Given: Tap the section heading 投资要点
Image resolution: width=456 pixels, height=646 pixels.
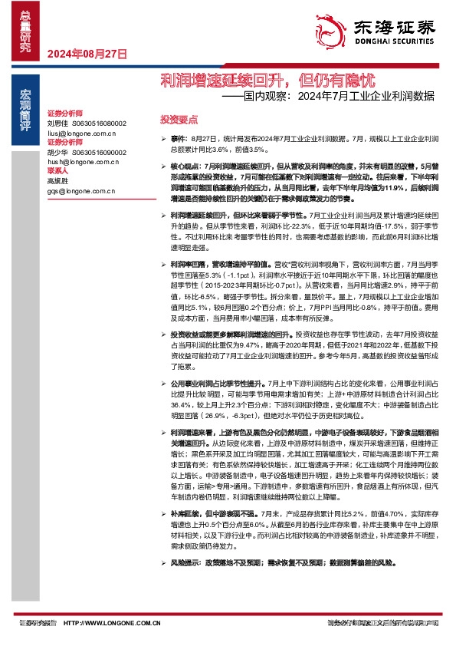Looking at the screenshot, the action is click(x=179, y=120).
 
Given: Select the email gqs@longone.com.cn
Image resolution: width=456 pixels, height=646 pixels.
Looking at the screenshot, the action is click(x=80, y=191).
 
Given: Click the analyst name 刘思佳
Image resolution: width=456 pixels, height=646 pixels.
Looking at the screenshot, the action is click(x=57, y=123).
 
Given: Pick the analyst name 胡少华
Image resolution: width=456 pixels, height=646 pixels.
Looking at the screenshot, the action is click(x=57, y=152).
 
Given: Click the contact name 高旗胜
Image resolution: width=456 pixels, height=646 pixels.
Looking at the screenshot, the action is click(x=57, y=181).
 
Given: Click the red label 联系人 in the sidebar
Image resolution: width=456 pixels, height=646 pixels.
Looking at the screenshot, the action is click(x=57, y=172).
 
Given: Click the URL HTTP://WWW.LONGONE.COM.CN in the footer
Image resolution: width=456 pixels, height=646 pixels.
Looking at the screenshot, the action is click(x=112, y=624).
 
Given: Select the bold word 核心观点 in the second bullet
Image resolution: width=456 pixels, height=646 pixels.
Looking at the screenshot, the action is click(x=185, y=166).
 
